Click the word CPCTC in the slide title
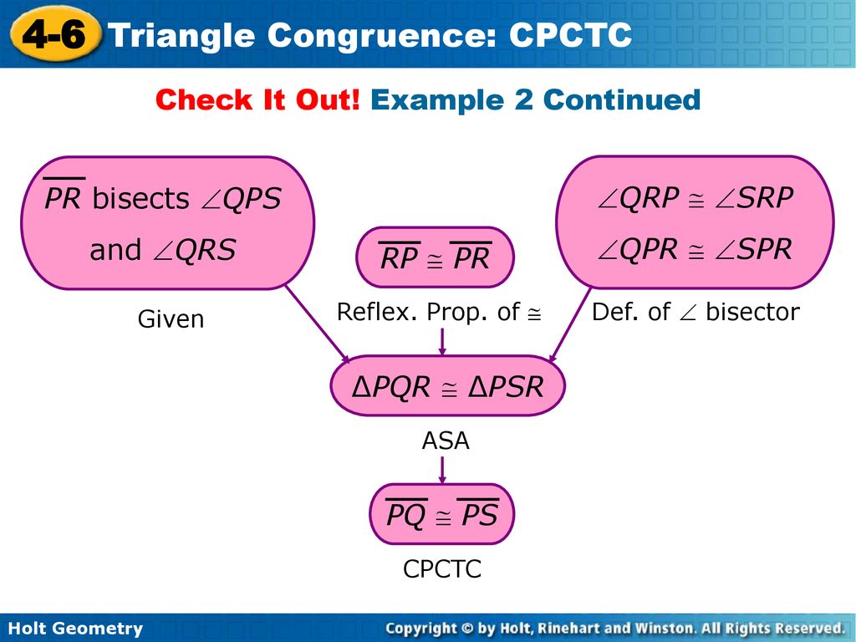[x=570, y=35]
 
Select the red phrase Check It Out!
[x=257, y=100]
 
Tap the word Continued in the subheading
[x=622, y=100]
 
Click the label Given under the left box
[x=171, y=319]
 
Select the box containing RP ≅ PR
[x=435, y=257]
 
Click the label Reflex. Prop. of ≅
[x=439, y=313]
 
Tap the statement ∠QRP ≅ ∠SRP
[x=695, y=197]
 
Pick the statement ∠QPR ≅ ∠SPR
[x=695, y=249]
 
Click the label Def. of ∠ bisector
[x=695, y=313]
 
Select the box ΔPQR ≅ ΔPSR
[x=448, y=386]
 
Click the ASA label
[x=446, y=441]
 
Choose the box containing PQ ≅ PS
[x=442, y=514]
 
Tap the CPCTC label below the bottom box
[x=442, y=568]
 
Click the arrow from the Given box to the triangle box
[x=318, y=324]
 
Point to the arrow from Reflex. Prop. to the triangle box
[x=442, y=341]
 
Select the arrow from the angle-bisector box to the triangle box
[x=570, y=325]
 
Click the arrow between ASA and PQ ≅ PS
[x=442, y=470]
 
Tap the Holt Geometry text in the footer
[x=76, y=628]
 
